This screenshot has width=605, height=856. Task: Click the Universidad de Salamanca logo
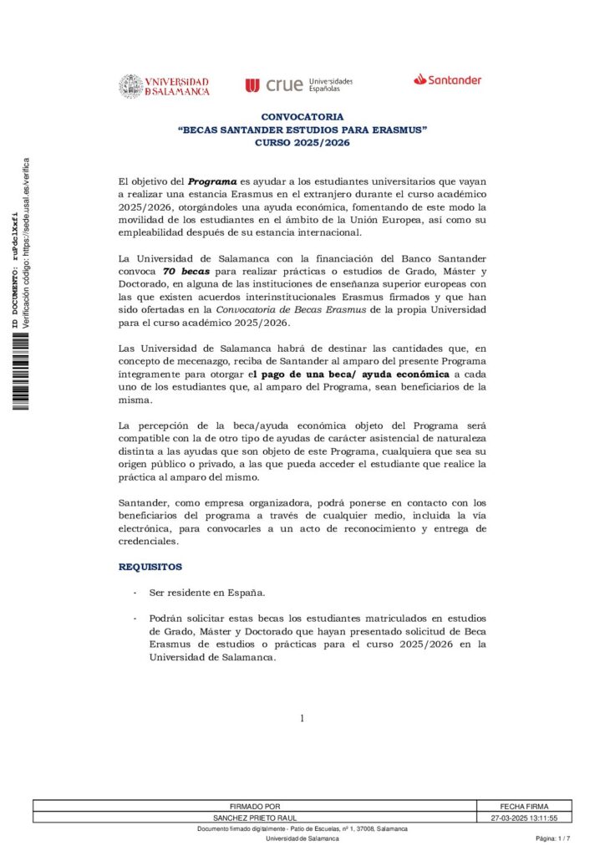click(x=164, y=86)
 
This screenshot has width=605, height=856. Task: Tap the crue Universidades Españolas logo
click(x=298, y=84)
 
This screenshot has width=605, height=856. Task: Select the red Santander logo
click(x=447, y=80)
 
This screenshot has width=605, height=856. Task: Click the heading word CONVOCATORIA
click(x=302, y=118)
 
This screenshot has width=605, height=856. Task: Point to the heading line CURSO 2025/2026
click(x=302, y=143)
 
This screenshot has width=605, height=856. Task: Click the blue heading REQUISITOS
click(x=150, y=567)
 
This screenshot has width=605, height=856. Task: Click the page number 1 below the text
click(x=302, y=718)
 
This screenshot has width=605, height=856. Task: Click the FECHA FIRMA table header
click(x=522, y=807)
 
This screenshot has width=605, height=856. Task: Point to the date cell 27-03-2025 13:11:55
click(x=522, y=818)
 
